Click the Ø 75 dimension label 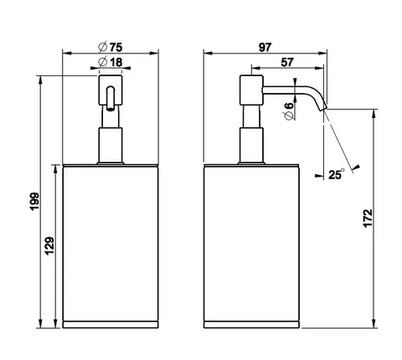[x=111, y=47]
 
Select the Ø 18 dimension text [x=111, y=62]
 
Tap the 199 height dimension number [x=34, y=202]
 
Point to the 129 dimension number [x=49, y=245]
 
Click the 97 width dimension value [x=265, y=47]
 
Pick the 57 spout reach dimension [x=287, y=62]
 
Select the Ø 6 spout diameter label [x=289, y=111]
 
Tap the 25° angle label [x=336, y=174]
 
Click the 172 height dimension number [x=368, y=218]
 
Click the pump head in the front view [x=111, y=90]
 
